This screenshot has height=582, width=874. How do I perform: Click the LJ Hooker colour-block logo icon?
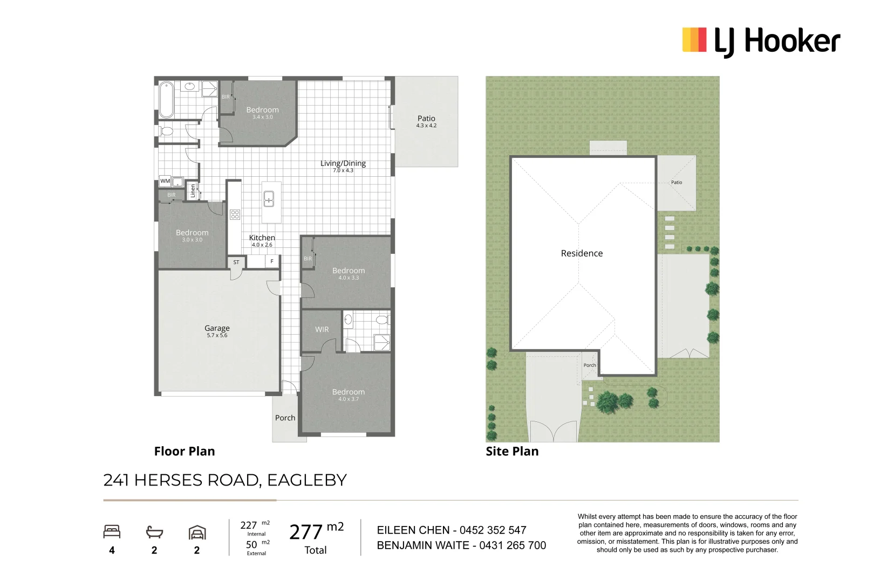pyautogui.click(x=694, y=40)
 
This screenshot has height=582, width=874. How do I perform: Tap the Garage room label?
pyautogui.click(x=217, y=328)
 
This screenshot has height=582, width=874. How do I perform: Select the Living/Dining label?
pyautogui.click(x=343, y=163)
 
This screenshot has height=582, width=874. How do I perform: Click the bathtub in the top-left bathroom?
pyautogui.click(x=166, y=99)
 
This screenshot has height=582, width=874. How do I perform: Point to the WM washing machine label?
pyautogui.click(x=165, y=181)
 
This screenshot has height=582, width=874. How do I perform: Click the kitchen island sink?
pyautogui.click(x=269, y=198)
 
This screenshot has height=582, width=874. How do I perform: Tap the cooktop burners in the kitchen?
pyautogui.click(x=235, y=214)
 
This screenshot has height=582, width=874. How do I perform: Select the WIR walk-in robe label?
pyautogui.click(x=322, y=329)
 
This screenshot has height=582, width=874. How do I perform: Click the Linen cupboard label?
pyautogui.click(x=193, y=191)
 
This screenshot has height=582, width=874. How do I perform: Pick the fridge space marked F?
pyautogui.click(x=272, y=261)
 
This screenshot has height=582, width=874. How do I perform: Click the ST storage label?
pyautogui.click(x=236, y=262)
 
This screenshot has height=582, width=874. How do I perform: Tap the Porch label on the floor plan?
pyautogui.click(x=285, y=418)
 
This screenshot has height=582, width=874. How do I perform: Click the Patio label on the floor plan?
pyautogui.click(x=426, y=118)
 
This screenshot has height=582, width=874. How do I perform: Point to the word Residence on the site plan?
pyautogui.click(x=582, y=253)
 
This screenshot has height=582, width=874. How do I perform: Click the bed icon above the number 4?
pyautogui.click(x=112, y=532)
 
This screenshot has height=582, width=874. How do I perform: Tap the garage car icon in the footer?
pyautogui.click(x=197, y=532)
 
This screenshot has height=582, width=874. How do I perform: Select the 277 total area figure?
pyautogui.click(x=306, y=532)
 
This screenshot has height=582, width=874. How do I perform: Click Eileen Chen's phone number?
pyautogui.click(x=493, y=530)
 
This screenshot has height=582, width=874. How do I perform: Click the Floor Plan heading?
pyautogui.click(x=184, y=451)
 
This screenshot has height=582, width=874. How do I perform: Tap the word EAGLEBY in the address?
pyautogui.click(x=306, y=480)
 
